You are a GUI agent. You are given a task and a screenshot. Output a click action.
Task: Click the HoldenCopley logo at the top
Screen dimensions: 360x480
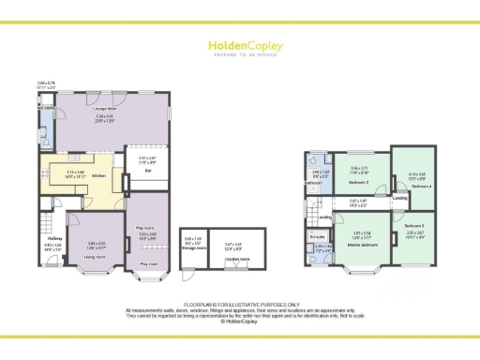[x=239, y=43]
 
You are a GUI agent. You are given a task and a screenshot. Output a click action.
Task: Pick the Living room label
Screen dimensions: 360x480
[x=95, y=255]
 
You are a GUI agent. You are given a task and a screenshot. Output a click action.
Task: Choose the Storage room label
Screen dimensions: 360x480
[x=194, y=248]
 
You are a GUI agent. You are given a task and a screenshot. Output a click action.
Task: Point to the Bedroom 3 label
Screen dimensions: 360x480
[x=415, y=225]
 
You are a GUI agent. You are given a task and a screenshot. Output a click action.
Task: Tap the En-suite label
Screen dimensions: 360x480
[x=316, y=238]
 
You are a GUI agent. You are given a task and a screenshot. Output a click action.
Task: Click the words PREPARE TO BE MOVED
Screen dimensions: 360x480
[x=239, y=52]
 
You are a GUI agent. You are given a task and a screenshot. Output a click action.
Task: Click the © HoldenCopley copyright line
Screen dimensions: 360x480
[x=239, y=321]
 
